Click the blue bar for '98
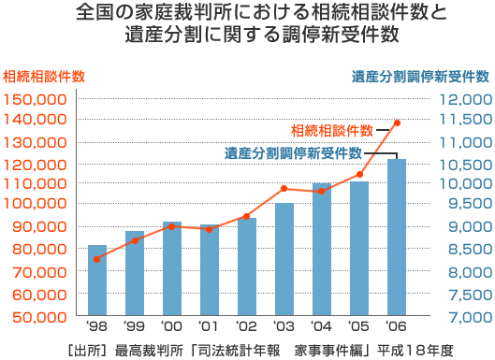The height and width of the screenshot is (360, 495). (96, 280)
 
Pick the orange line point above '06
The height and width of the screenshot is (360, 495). (397, 122)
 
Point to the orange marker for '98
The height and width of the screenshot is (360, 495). (96, 259)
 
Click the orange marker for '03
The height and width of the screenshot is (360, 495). (284, 189)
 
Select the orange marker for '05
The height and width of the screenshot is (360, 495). (359, 174)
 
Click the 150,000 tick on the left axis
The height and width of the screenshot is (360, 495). (35, 99)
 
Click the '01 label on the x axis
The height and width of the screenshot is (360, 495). (208, 328)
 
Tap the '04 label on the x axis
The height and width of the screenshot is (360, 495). (321, 328)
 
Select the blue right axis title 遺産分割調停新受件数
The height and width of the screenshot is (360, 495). (421, 77)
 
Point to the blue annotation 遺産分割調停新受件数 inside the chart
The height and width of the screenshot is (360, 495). (293, 153)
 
